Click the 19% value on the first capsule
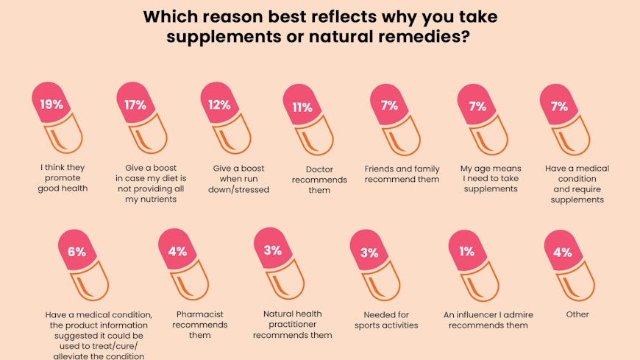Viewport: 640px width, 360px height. tap(51, 104)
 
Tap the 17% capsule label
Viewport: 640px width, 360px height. tap(135, 105)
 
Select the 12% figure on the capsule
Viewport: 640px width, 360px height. tap(219, 105)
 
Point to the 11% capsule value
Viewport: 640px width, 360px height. tap(302, 107)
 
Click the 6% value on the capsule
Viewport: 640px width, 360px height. tap(77, 251)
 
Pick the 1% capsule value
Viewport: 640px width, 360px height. tap(466, 251)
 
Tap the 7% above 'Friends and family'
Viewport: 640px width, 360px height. tap(389, 105)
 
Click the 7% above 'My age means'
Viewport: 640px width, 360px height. tap(477, 106)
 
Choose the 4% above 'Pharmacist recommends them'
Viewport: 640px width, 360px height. tap(177, 251)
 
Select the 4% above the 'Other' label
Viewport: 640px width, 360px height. tap(562, 252)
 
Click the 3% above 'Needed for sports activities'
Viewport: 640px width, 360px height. tap(369, 253)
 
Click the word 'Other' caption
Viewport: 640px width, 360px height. tap(577, 314)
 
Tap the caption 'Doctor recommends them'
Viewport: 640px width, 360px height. tap(313, 180)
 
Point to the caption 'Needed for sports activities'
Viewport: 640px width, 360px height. tap(386, 320)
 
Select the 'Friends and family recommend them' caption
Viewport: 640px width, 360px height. tap(402, 174)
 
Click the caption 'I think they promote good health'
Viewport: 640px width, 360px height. tap(63, 178)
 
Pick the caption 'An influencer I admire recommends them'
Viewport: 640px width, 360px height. tap(488, 320)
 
